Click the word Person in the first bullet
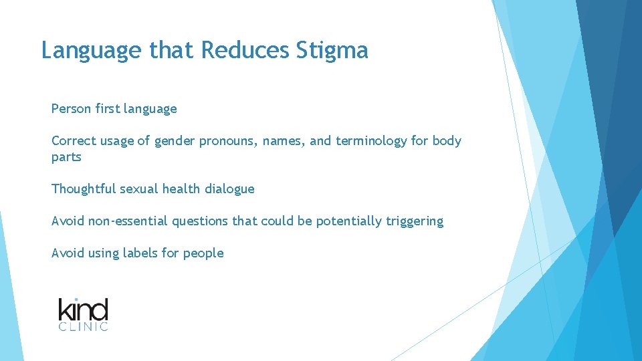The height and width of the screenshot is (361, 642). click(71, 108)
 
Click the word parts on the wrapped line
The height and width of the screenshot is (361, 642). click(66, 157)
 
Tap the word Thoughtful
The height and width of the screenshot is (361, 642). click(84, 189)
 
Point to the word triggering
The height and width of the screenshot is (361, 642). click(415, 221)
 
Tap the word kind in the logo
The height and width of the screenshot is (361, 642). click(83, 310)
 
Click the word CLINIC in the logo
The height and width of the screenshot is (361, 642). click(83, 327)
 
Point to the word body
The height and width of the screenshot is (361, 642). click(447, 141)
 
